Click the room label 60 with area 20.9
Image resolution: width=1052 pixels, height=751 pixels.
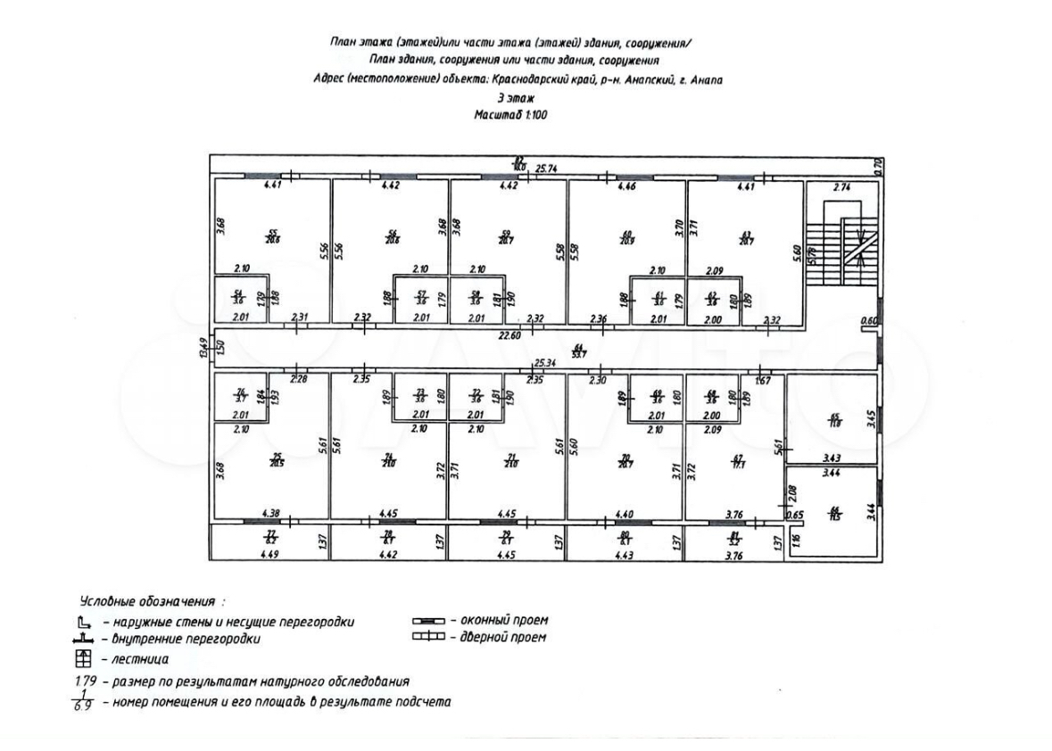point(626,238)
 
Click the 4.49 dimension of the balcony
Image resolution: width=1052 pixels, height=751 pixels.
point(269,556)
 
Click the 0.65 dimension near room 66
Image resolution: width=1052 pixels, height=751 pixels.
point(795,514)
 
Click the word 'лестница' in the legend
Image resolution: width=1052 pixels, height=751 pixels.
point(139,659)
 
